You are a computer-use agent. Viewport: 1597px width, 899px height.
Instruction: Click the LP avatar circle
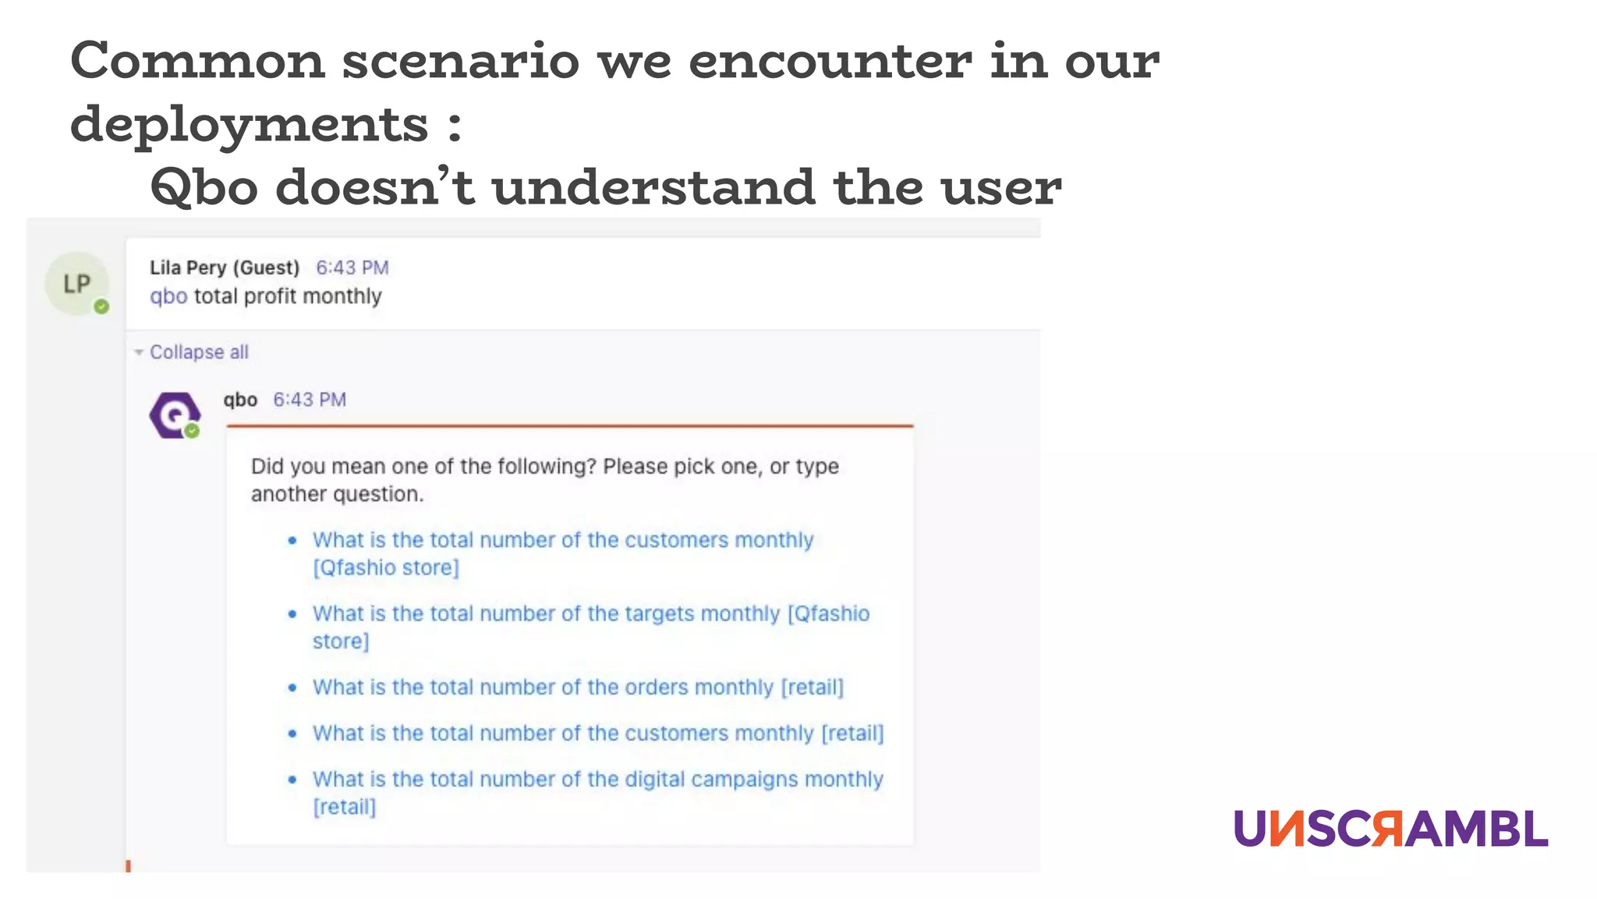click(x=76, y=283)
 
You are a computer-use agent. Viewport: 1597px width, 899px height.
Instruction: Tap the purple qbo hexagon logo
click(x=175, y=415)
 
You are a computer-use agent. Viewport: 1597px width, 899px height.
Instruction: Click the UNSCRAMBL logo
click(x=1390, y=829)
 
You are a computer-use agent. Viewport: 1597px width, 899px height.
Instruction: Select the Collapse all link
click(x=199, y=352)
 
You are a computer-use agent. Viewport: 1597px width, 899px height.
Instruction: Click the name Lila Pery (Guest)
click(x=225, y=268)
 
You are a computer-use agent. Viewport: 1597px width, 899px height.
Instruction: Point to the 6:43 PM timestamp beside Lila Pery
click(x=352, y=268)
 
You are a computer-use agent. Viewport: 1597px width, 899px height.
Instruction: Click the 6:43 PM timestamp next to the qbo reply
click(x=309, y=400)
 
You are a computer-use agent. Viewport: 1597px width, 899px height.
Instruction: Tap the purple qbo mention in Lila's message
click(x=168, y=297)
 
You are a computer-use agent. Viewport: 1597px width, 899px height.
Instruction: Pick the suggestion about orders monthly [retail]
click(x=578, y=687)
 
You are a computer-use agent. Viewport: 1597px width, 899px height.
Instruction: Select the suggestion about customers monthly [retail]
click(x=598, y=733)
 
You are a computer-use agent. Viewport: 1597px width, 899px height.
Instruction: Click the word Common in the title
click(x=197, y=60)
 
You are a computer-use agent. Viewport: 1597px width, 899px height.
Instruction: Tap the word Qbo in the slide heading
click(x=204, y=187)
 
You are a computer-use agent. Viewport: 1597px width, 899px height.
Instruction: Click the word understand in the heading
click(x=653, y=187)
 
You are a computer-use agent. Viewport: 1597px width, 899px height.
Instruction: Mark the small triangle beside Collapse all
click(x=139, y=353)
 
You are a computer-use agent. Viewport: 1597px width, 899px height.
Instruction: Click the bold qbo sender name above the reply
click(x=240, y=400)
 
